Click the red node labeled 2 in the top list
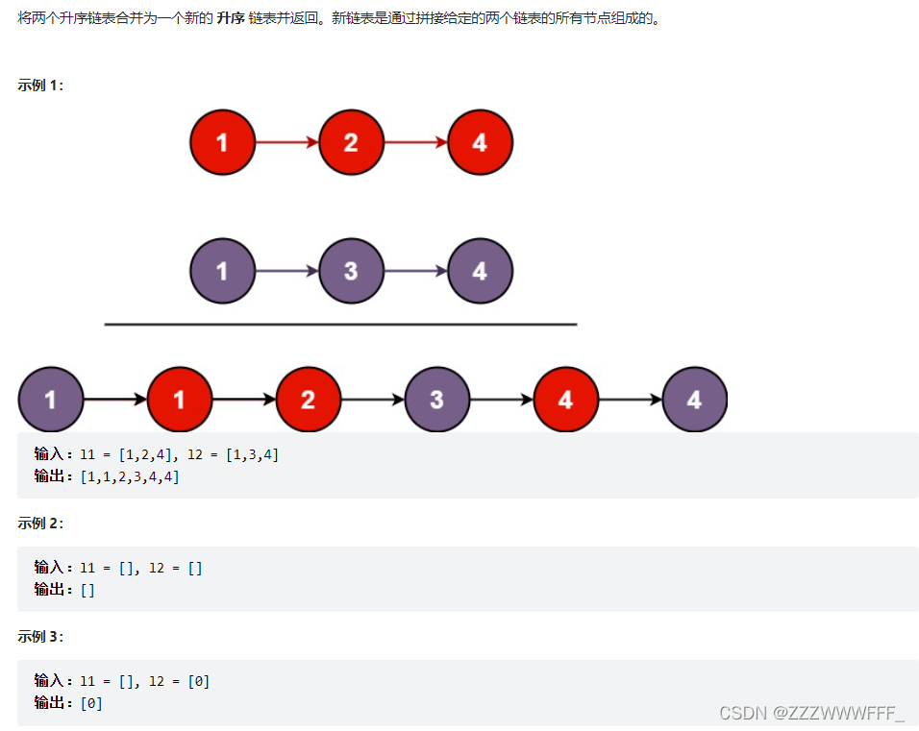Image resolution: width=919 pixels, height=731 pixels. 351,142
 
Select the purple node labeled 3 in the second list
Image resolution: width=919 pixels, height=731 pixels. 351,271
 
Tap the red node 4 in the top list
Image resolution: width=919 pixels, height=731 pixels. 480,142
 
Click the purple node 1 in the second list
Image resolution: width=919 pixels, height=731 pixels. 222,271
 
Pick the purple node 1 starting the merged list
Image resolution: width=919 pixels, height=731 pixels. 50,399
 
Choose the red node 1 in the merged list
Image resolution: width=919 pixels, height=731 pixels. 179,399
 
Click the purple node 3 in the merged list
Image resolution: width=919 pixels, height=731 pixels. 437,399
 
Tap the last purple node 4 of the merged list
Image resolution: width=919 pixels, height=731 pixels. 694,399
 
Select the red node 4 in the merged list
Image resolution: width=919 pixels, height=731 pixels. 565,399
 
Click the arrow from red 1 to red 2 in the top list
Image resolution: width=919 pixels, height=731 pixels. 286,142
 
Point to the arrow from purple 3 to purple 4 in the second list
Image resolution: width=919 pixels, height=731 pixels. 415,271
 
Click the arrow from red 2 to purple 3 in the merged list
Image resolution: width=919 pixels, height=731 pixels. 373,399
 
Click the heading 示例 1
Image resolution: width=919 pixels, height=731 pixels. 40,85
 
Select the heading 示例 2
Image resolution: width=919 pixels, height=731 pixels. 40,524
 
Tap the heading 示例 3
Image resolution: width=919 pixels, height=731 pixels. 40,637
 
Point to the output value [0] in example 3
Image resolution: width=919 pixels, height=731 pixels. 91,703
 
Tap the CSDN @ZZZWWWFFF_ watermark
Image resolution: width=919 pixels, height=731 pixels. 811,713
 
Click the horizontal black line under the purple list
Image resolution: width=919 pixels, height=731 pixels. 340,325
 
